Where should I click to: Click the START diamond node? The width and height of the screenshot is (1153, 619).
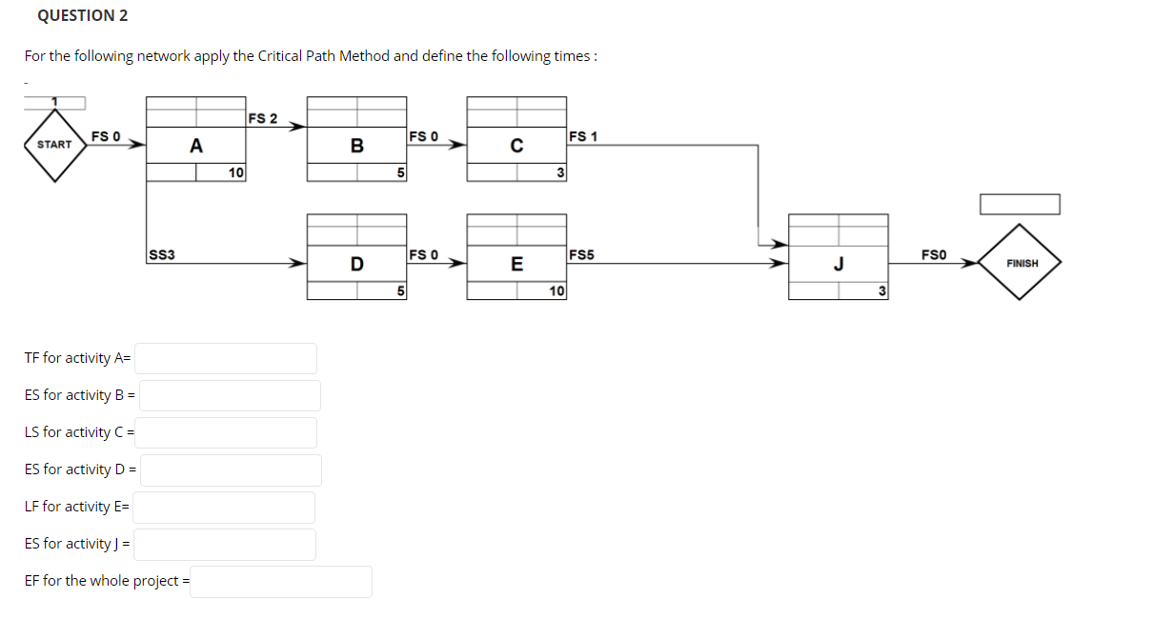(x=54, y=145)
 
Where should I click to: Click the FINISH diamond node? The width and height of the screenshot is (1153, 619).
(x=1022, y=263)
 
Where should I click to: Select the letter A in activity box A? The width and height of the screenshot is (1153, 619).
(x=195, y=146)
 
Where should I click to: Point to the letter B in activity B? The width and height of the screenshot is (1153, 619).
(x=356, y=146)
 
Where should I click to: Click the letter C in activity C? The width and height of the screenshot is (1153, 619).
(x=516, y=146)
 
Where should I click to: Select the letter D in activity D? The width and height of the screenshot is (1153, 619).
(x=356, y=264)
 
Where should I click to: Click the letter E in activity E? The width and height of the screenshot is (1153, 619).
(x=516, y=264)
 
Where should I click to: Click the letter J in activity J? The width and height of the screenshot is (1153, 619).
(x=839, y=264)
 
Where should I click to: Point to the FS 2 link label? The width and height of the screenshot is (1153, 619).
(x=262, y=119)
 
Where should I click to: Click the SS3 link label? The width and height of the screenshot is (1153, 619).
(x=160, y=255)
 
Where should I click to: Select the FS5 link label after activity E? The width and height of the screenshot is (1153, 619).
(x=582, y=255)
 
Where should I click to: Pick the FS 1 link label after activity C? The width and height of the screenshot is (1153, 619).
(x=582, y=137)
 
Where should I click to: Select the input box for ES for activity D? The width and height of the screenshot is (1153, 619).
(x=231, y=469)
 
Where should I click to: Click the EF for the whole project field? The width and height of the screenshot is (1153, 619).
(x=281, y=581)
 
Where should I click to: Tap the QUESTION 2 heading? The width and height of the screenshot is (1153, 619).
(x=83, y=16)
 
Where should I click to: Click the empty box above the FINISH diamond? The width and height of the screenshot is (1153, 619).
(x=1021, y=204)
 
